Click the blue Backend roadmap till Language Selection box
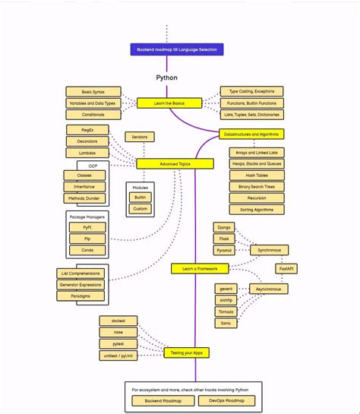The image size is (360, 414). [176, 50]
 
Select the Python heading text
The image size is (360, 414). [167, 77]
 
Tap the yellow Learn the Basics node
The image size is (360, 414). [169, 103]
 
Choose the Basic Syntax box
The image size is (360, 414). [93, 91]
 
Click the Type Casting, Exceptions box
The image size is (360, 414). [251, 91]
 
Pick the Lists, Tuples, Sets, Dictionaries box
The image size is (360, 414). [251, 115]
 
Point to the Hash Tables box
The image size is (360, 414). [257, 175]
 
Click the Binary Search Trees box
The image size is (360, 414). [257, 186]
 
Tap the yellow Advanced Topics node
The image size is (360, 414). [175, 163]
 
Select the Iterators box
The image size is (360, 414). [141, 137]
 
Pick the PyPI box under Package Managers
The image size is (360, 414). [88, 226]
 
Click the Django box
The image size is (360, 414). [224, 227]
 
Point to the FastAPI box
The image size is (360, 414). [286, 269]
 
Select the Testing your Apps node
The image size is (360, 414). [186, 352]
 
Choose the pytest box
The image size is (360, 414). [118, 343]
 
